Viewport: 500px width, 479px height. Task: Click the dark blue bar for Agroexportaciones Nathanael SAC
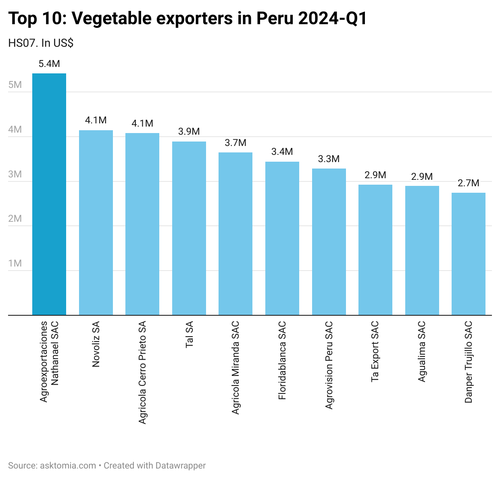coord(49,194)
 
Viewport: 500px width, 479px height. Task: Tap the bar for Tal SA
coord(189,228)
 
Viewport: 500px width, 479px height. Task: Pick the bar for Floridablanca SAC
coord(282,238)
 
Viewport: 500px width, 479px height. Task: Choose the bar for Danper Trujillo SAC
coord(468,254)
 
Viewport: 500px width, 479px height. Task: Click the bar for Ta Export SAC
coord(375,250)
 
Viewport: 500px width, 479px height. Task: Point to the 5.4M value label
coord(49,64)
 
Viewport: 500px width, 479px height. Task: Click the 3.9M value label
coord(189,132)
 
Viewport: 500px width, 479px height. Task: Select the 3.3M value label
coord(329,159)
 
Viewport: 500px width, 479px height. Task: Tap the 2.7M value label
coord(468,183)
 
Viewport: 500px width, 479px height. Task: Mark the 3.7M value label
coord(235,143)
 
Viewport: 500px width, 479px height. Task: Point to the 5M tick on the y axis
coord(15,85)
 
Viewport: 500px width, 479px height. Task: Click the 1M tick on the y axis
coord(15,263)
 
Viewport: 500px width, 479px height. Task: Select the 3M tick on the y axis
coord(15,174)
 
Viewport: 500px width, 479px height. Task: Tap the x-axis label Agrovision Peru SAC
coord(329,365)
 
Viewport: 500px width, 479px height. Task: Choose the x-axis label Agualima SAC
coord(422,352)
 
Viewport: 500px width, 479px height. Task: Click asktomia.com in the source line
coord(68,466)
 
